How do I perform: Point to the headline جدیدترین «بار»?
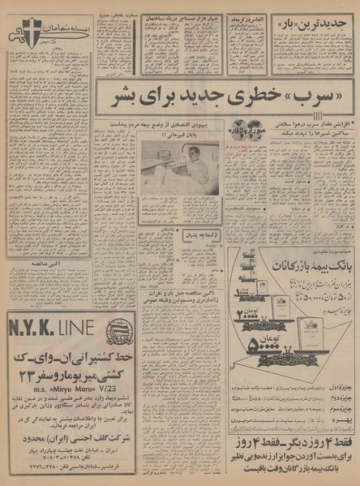click(313, 25)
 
